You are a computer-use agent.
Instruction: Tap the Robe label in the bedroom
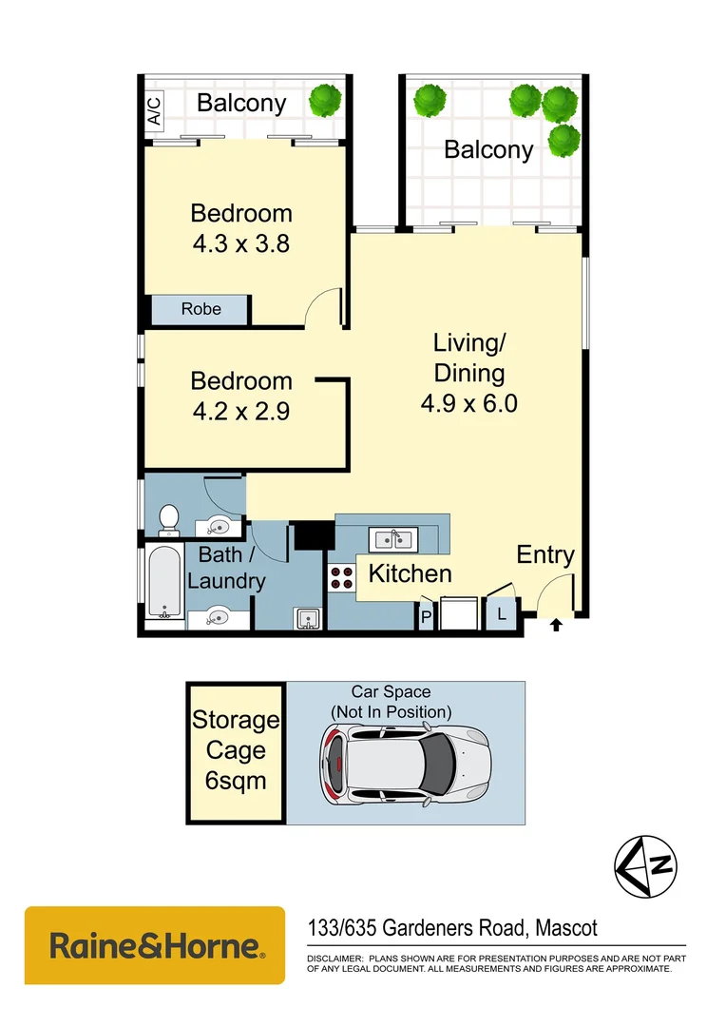[201, 309]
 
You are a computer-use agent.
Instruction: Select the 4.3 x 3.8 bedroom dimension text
[240, 243]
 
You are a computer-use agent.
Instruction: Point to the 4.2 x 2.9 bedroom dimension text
[240, 412]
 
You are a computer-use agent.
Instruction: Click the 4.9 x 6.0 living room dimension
[468, 403]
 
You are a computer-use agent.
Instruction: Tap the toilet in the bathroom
[169, 518]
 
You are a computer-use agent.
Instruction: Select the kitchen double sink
[392, 540]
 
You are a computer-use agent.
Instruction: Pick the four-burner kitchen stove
[341, 576]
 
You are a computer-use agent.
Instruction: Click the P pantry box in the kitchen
[427, 617]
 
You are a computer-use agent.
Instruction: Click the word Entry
[544, 555]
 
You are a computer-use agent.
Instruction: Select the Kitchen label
[410, 573]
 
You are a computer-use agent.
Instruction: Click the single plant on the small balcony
[326, 98]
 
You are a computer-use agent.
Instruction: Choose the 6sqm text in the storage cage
[236, 781]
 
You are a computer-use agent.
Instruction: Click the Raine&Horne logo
[154, 945]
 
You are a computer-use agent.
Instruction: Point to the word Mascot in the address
[566, 927]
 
